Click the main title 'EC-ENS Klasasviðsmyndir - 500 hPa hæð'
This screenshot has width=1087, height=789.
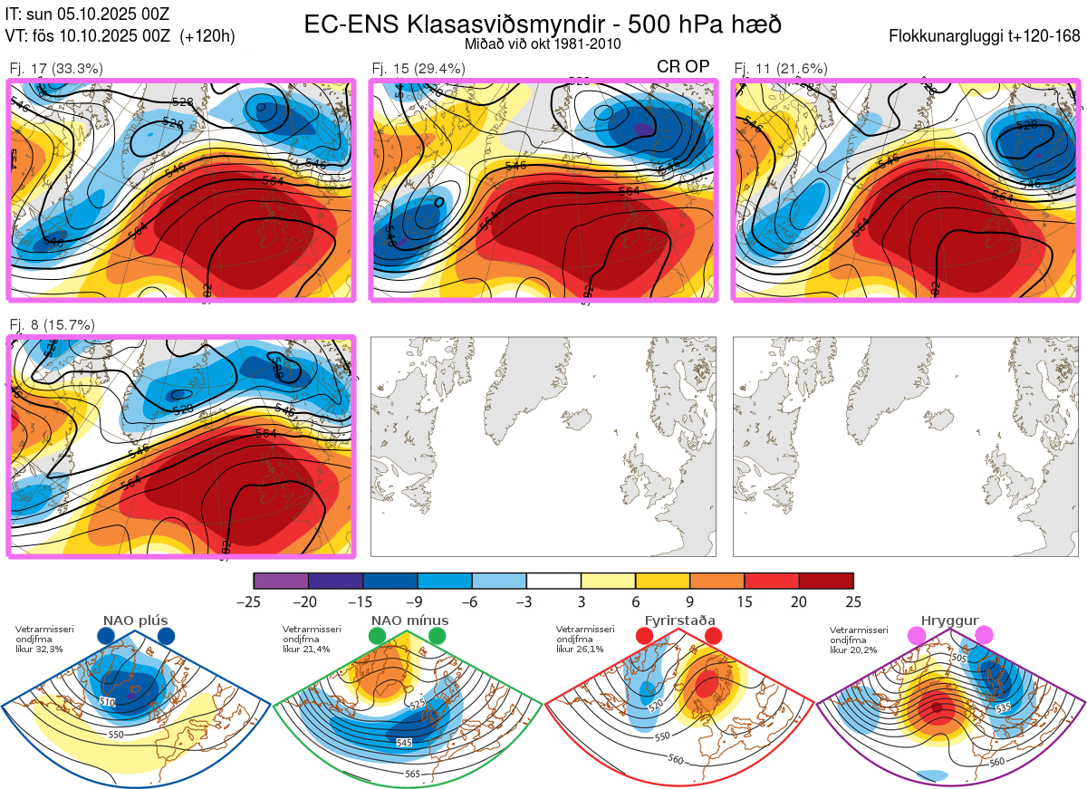(x=543, y=24)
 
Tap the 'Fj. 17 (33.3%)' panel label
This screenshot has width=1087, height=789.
(x=56, y=68)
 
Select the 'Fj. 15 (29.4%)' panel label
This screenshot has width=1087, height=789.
(x=418, y=68)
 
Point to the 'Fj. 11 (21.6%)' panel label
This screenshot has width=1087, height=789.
(x=780, y=68)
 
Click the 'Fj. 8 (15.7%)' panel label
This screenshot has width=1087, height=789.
(x=52, y=325)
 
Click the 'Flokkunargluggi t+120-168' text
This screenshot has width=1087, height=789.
(x=985, y=37)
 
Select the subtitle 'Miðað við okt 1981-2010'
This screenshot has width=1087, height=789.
(x=543, y=43)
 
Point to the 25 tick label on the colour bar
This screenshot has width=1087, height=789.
(x=853, y=601)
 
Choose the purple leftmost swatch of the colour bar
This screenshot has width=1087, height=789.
(x=281, y=581)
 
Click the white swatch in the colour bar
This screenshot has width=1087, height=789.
(x=553, y=581)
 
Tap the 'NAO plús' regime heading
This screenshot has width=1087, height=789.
(x=135, y=621)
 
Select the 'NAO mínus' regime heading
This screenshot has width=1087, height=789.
(x=409, y=621)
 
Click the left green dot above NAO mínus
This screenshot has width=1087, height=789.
(x=378, y=637)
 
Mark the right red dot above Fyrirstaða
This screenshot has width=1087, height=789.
(x=713, y=637)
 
